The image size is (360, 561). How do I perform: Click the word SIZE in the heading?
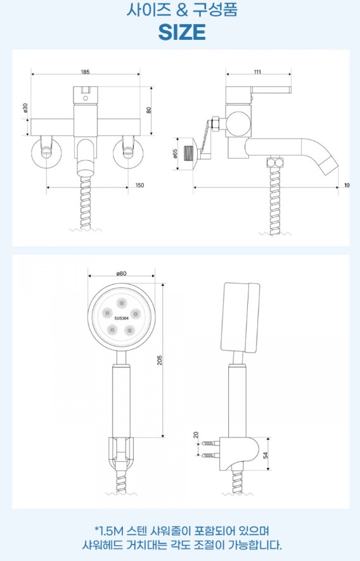point(182,32)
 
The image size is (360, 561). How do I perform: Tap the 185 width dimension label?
point(85,72)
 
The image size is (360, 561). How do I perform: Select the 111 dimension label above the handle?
point(258,72)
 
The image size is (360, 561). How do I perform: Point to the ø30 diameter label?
point(25,108)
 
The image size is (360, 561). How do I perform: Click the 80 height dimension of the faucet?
point(149,110)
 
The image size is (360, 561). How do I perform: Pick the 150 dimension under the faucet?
point(139,185)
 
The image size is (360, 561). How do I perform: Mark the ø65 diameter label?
point(175,153)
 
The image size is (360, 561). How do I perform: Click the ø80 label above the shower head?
point(121,273)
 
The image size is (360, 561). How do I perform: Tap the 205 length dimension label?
point(160,360)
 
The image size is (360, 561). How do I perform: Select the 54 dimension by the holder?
point(265,455)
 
